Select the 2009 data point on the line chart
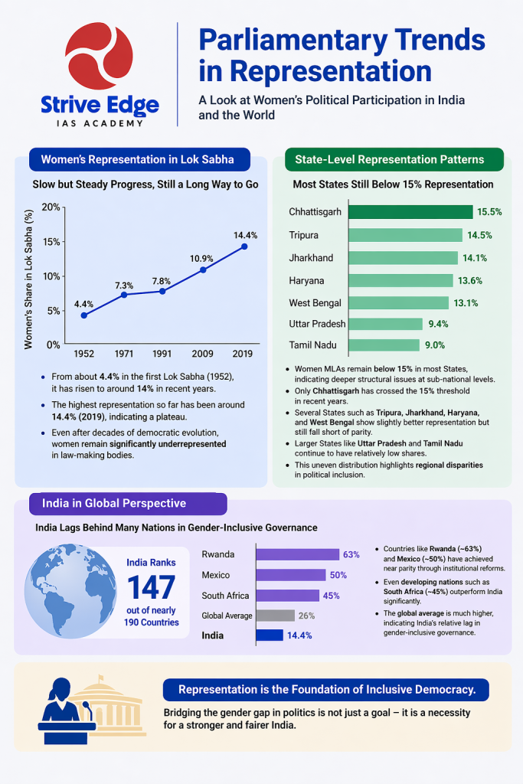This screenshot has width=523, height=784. (x=203, y=269)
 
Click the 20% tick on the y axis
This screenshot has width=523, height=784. (x=51, y=207)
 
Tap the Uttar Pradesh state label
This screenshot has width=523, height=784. (x=317, y=324)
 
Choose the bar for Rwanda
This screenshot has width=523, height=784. (x=296, y=554)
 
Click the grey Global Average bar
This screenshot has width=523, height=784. (x=274, y=615)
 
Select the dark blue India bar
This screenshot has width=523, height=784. (x=269, y=635)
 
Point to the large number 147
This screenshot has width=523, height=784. (x=152, y=587)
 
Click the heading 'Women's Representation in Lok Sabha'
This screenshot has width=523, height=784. (x=137, y=160)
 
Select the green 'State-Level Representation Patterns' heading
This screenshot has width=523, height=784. (x=389, y=160)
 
